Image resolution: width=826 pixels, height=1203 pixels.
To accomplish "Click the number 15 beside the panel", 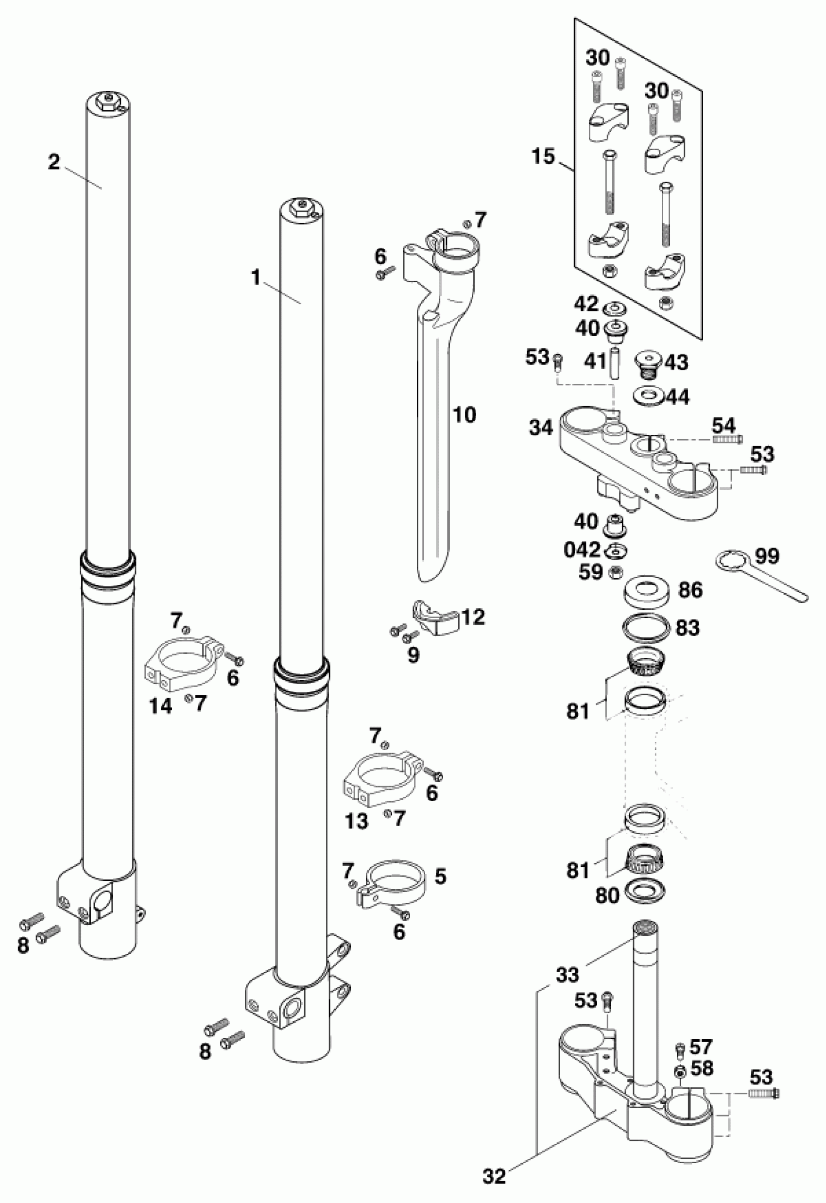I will tap(543, 156).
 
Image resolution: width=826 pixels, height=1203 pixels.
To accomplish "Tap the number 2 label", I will tap(54, 162).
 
